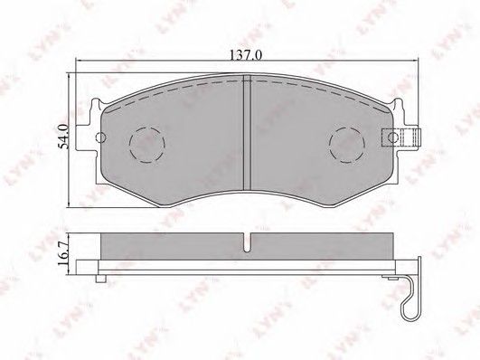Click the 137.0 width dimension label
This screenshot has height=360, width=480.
click(x=246, y=55)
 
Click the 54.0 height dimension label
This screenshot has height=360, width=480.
click(x=64, y=137)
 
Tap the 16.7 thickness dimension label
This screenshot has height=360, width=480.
click(x=63, y=255)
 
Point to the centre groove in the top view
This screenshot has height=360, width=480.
click(x=247, y=133)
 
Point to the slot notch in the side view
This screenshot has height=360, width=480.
click(x=247, y=242)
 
